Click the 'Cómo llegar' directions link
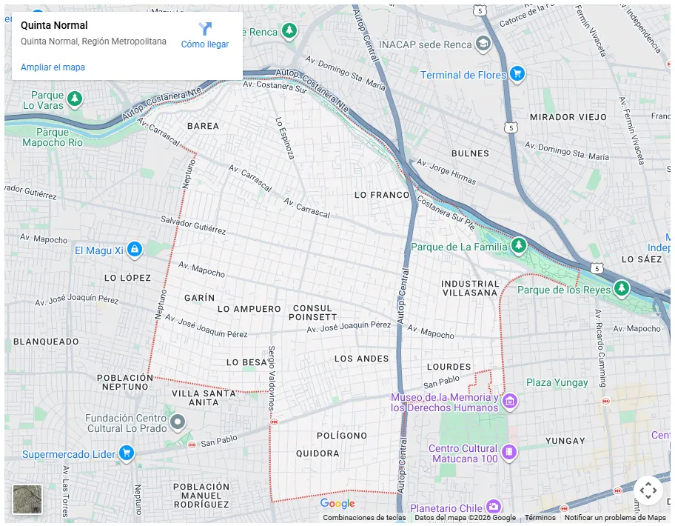tap(205, 36)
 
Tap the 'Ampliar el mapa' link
tap(53, 67)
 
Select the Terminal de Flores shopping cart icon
tap(517, 74)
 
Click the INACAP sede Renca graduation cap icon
tap(483, 44)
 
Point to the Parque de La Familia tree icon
tap(519, 246)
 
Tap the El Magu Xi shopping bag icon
tap(134, 250)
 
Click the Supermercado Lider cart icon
tap(127, 453)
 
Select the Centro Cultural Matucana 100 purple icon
tap(508, 451)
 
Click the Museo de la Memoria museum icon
tap(509, 402)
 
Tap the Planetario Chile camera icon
tap(493, 507)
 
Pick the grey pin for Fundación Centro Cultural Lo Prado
tap(177, 423)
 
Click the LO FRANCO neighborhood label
tap(381, 195)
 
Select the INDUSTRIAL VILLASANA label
tap(470, 288)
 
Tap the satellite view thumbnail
tap(27, 499)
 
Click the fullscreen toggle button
tap(648, 490)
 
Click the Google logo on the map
tap(337, 504)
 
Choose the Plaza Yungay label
tap(557, 383)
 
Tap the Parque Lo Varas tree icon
tap(74, 98)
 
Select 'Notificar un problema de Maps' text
tap(615, 518)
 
